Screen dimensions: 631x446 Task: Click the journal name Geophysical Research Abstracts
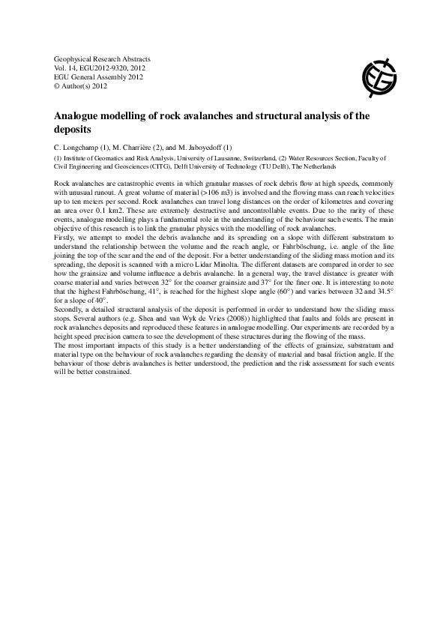103,58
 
